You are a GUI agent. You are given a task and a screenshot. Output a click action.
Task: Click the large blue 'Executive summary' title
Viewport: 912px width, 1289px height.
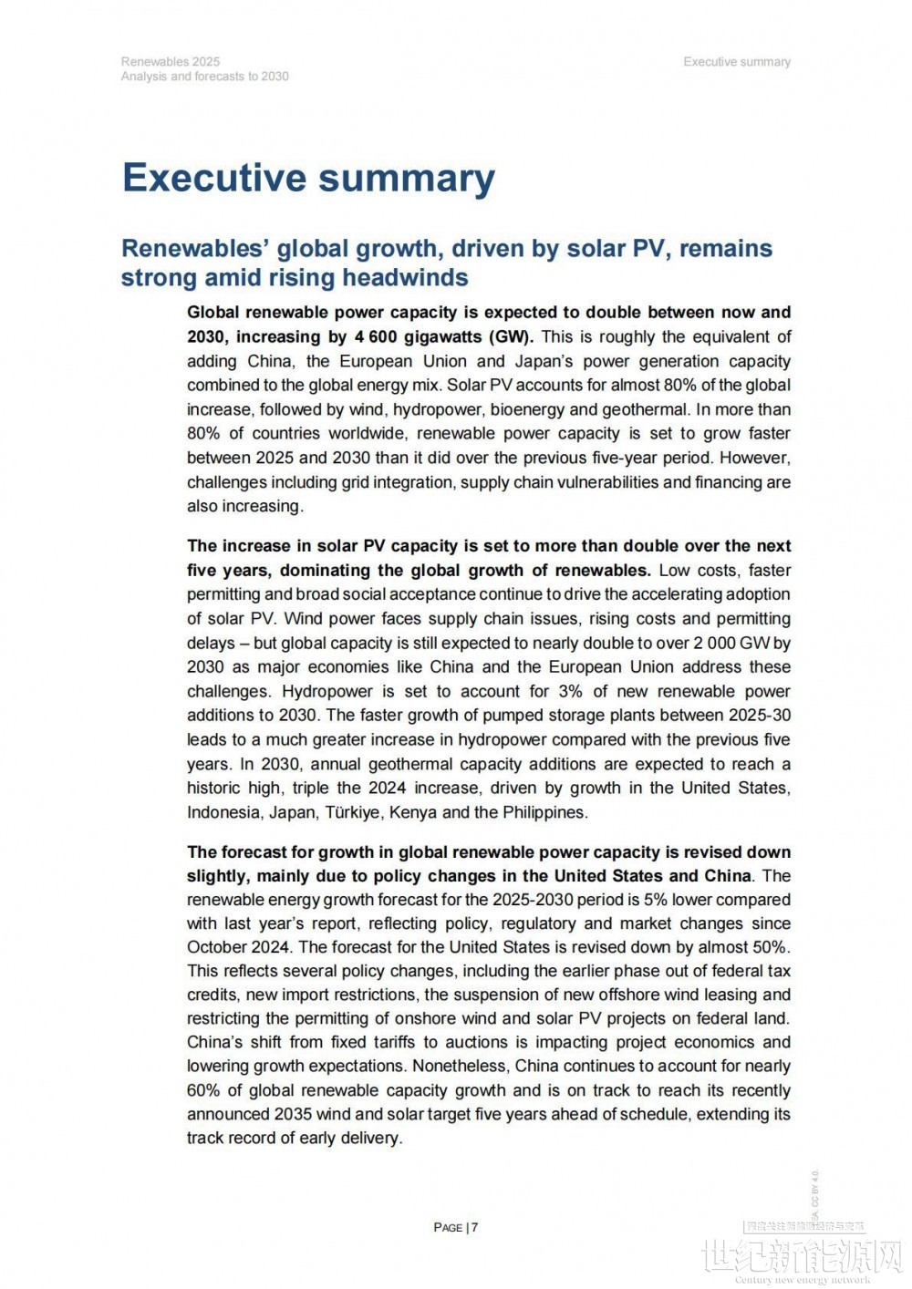(308, 178)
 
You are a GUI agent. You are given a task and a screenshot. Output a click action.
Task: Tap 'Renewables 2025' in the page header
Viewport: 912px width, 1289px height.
(170, 61)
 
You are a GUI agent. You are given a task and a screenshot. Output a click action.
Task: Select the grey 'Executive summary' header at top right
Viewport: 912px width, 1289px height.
(737, 61)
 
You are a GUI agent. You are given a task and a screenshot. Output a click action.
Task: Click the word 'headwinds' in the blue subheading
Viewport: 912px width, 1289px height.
(410, 277)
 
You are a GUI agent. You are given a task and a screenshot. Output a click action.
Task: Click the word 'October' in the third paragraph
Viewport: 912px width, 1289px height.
(216, 947)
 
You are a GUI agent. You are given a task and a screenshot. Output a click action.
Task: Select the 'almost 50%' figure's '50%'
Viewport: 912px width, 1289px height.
(770, 947)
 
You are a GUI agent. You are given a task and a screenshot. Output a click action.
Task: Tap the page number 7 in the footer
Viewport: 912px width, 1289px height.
(474, 1227)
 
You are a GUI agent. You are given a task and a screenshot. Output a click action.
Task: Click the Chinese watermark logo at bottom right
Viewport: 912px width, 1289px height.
(803, 1256)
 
